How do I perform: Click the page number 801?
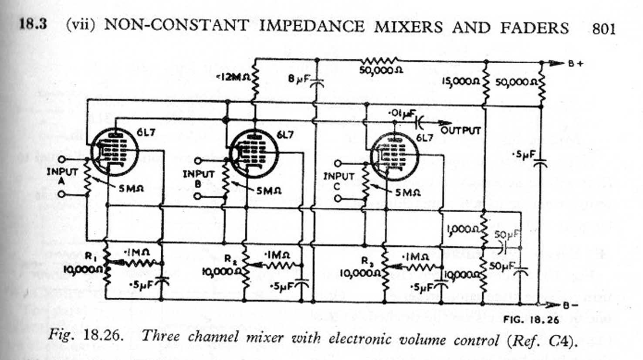(x=603, y=29)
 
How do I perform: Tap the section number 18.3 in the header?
(x=33, y=24)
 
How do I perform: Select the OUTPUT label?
(x=460, y=130)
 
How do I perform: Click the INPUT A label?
(x=62, y=177)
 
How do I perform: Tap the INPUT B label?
(x=198, y=179)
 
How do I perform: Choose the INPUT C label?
(x=338, y=181)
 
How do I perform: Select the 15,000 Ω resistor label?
(x=460, y=81)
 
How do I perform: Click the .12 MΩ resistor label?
(x=233, y=78)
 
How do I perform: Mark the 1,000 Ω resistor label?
(x=464, y=229)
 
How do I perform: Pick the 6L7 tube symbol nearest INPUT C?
(x=394, y=156)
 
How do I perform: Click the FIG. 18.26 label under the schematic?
(x=531, y=319)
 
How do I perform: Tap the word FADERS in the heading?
(x=534, y=27)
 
